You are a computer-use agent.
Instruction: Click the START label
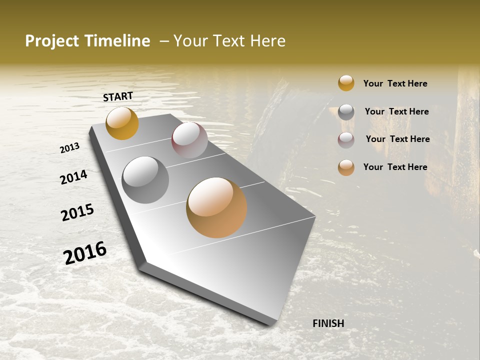(118, 96)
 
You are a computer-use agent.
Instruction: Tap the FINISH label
(328, 323)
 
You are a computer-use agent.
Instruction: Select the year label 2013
(70, 147)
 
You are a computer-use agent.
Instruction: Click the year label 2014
(73, 177)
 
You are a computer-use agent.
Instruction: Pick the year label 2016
(85, 252)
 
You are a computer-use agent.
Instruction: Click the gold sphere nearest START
(122, 123)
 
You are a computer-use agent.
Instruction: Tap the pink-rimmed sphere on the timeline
(189, 140)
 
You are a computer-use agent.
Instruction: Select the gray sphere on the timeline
(145, 179)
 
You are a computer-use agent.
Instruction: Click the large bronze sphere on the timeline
(216, 207)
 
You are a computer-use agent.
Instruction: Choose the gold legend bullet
(346, 83)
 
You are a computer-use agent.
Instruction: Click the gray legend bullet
(346, 111)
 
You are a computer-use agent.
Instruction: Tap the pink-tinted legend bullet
(346, 139)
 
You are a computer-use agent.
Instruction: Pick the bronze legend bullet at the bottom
(346, 167)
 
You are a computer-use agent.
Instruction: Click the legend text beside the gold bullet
(395, 83)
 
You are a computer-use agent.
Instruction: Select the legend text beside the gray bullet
(396, 111)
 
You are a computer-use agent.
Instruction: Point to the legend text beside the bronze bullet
(395, 167)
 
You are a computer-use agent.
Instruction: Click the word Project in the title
(51, 41)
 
